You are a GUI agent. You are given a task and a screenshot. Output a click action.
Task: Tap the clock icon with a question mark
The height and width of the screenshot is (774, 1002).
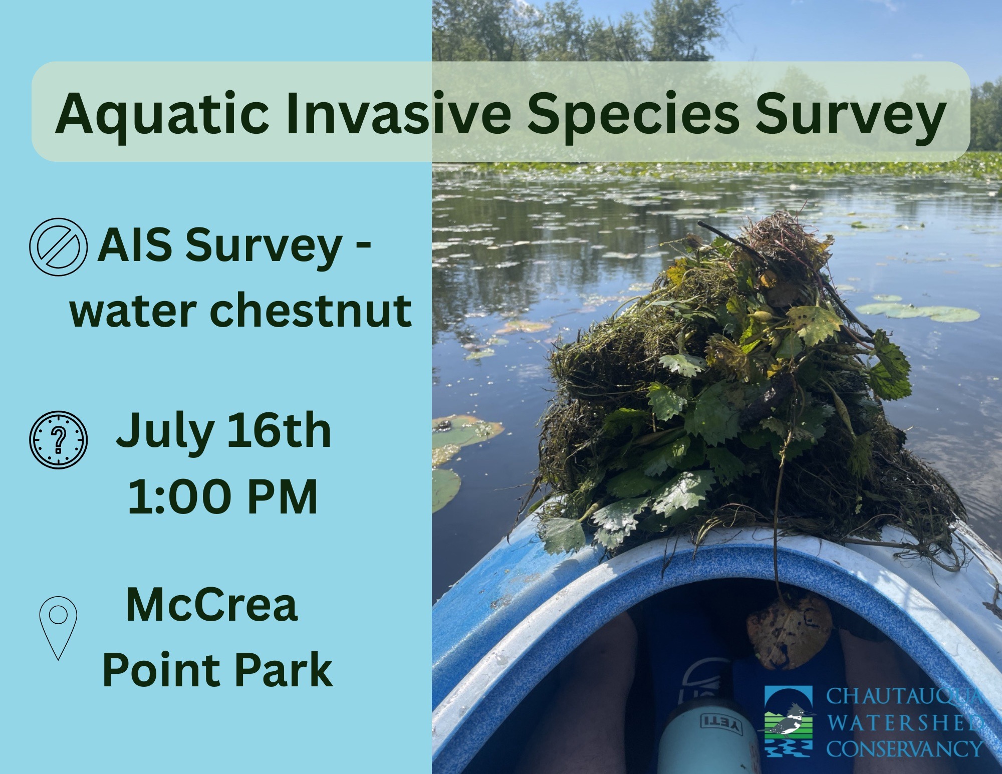pyautogui.click(x=59, y=440)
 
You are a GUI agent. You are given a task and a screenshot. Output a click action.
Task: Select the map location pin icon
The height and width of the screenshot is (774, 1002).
pyautogui.click(x=58, y=627)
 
